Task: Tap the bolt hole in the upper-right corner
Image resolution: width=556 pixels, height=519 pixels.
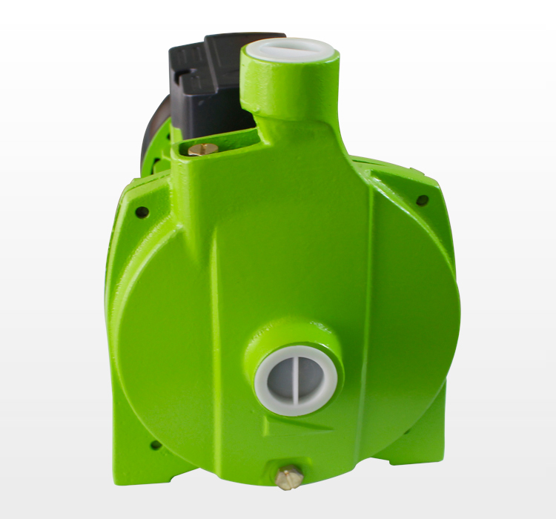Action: point(422,200)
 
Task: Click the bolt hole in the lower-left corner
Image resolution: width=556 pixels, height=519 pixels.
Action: point(156,445)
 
